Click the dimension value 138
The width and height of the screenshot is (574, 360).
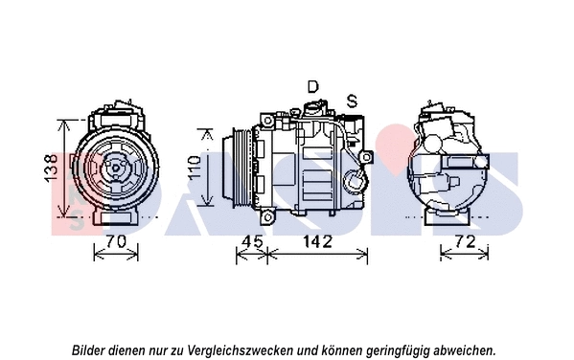pos(51,169)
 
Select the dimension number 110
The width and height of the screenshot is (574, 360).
pos(195,168)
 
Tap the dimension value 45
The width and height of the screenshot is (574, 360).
pos(251,241)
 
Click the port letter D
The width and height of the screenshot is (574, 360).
pos(312,87)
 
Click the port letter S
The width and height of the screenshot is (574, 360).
pos(352,101)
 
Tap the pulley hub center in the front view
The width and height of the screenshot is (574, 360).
pos(114,170)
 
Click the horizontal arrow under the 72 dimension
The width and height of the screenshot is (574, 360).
pos(464,255)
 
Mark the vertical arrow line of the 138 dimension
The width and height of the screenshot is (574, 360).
pos(63,169)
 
